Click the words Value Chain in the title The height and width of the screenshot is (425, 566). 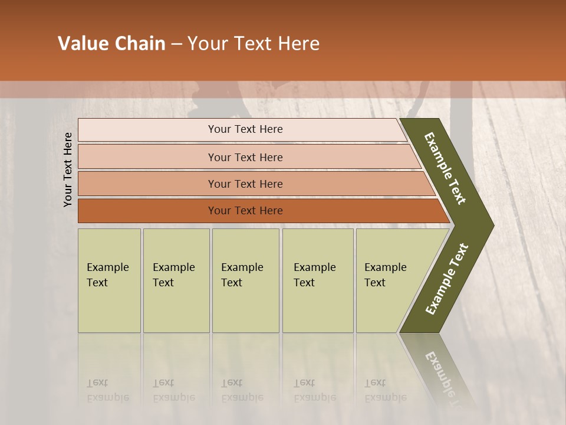point(111,44)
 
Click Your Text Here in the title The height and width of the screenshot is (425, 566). point(254,44)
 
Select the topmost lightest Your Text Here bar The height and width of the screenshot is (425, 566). point(245,129)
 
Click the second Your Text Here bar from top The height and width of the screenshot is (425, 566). point(245,157)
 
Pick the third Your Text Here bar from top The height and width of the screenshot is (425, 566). point(245,184)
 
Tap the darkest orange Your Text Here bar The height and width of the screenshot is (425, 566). point(245,211)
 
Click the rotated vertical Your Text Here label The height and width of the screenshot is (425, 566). point(68,169)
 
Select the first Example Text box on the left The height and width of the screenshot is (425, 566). point(109,280)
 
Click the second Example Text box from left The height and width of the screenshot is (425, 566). point(176,280)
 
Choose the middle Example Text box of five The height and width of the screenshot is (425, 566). point(245,280)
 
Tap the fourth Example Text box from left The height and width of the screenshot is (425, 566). point(317,280)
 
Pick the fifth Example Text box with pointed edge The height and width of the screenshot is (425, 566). point(389,280)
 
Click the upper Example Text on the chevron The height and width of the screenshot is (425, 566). point(445,168)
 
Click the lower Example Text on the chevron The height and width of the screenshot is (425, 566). point(447,279)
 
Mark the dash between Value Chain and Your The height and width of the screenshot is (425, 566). point(176,44)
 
